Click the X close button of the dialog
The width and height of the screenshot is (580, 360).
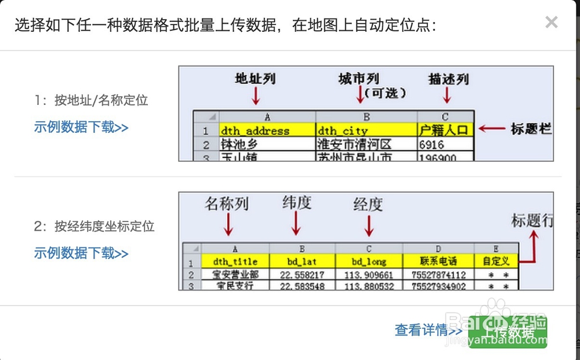[x=552, y=23]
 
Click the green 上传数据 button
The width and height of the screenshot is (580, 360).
[x=508, y=332]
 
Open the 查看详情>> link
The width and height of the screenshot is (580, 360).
[x=428, y=330]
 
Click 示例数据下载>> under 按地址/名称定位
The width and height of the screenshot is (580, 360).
[x=81, y=128]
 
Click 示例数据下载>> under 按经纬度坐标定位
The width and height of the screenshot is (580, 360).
[x=81, y=253]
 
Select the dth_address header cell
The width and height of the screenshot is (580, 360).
[x=267, y=130]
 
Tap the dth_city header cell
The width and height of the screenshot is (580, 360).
[x=366, y=130]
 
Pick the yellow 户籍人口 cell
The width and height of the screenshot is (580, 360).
[x=445, y=130]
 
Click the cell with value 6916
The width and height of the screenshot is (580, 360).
[x=445, y=144]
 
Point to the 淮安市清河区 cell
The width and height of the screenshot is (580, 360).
[x=366, y=144]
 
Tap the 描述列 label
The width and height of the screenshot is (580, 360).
[x=448, y=79]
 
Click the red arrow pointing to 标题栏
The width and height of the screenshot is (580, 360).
[x=491, y=129]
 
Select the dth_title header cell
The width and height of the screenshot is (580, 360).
[x=235, y=261]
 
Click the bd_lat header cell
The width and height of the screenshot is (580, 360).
[x=302, y=261]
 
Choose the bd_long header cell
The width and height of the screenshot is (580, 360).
[x=368, y=261]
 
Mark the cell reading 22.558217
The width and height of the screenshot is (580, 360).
[x=302, y=275]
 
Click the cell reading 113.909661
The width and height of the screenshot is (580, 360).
[x=368, y=275]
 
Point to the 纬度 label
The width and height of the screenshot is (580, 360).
[x=297, y=202]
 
